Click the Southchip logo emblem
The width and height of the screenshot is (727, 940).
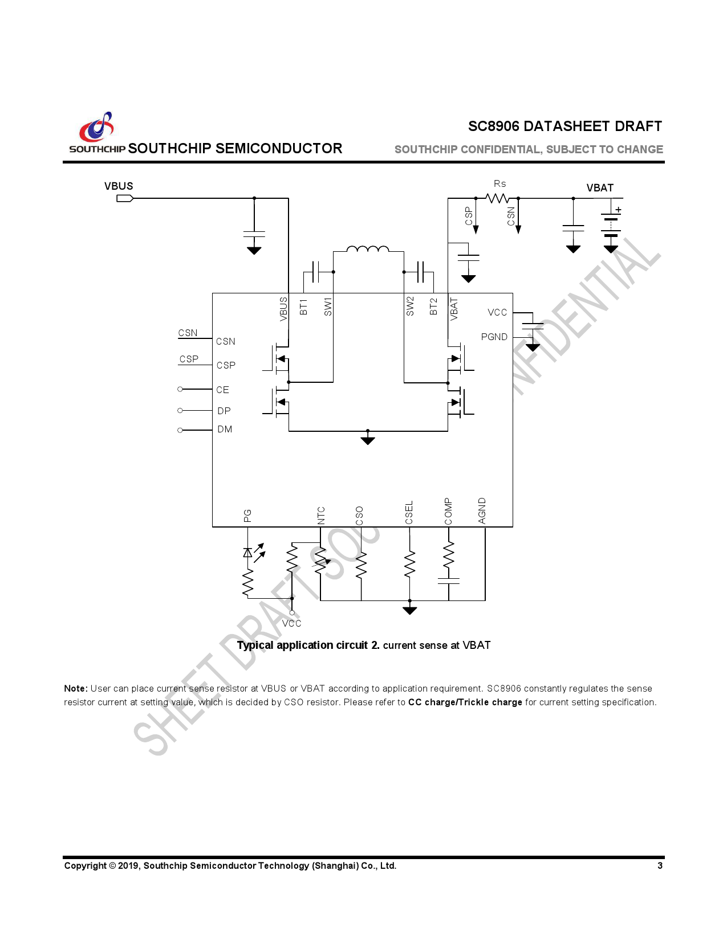tap(97, 127)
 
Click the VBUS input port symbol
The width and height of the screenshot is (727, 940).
tap(125, 198)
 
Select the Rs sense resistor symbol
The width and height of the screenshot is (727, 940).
tap(497, 198)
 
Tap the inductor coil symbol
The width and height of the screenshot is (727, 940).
tap(368, 249)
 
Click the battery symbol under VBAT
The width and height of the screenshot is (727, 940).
tap(611, 226)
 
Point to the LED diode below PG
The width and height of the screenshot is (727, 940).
tap(248, 552)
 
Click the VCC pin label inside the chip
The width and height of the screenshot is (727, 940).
tap(497, 312)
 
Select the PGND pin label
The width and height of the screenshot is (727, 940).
tap(494, 337)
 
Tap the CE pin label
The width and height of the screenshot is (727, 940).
tap(222, 390)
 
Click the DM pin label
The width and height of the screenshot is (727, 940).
tap(225, 429)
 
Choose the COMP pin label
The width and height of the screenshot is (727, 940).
tap(448, 511)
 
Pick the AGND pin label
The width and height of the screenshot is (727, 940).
tap(482, 510)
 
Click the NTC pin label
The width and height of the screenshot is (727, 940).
tap(321, 515)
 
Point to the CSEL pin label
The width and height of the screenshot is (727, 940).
tap(409, 513)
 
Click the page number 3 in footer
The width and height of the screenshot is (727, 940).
tap(660, 865)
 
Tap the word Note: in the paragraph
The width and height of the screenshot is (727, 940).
tap(76, 688)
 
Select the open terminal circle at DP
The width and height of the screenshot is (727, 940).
tap(180, 410)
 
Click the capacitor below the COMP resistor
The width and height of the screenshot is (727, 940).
tap(449, 581)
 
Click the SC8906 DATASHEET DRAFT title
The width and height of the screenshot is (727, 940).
tap(564, 126)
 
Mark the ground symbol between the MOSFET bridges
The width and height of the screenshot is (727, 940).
tap(368, 440)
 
